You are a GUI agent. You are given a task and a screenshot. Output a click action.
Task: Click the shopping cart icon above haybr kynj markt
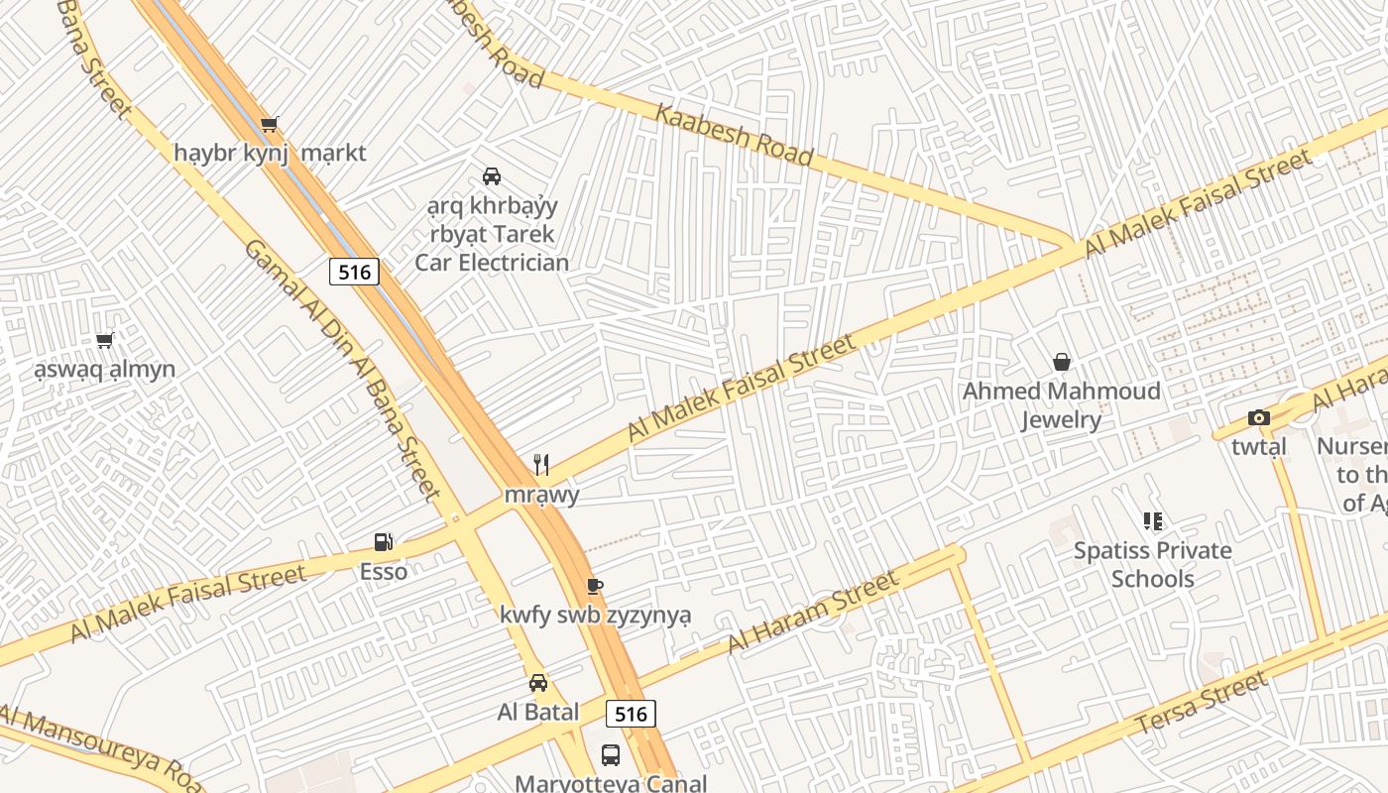[269, 125]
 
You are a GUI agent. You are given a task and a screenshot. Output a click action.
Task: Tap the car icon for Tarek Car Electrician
[491, 176]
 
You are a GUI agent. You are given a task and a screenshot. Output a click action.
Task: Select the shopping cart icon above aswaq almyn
[105, 341]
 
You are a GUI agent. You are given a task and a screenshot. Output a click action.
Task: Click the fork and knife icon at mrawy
[541, 465]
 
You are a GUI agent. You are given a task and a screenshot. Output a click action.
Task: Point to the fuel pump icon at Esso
[384, 542]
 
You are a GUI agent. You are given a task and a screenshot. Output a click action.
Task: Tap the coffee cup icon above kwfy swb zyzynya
[594, 586]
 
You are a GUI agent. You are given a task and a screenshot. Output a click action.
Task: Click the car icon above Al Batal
[537, 683]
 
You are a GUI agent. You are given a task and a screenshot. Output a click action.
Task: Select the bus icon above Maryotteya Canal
[611, 755]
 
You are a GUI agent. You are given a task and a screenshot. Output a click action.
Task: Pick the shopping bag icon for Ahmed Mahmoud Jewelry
[1061, 363]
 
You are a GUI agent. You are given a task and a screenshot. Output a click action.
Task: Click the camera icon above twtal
[1258, 418]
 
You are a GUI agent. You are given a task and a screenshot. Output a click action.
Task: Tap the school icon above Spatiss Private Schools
[1152, 521]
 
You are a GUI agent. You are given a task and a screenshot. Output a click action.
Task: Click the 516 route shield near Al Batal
[631, 714]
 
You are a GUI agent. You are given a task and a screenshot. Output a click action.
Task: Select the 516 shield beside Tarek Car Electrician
[354, 272]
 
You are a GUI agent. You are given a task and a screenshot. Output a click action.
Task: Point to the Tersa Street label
[1200, 703]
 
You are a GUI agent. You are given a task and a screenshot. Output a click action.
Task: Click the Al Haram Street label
[812, 613]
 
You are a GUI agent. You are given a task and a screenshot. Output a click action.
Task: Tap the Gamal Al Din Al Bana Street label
[340, 369]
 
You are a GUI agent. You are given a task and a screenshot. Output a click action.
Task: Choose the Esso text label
[384, 572]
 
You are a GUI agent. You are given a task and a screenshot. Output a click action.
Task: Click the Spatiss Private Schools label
[1152, 564]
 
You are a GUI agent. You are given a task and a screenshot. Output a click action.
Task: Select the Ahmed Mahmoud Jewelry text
[1061, 405]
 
